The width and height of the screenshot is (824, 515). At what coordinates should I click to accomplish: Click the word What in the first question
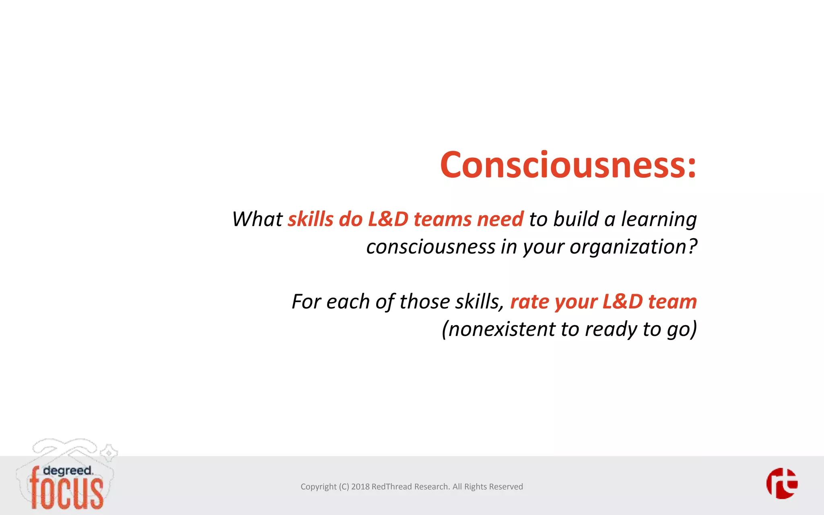(257, 220)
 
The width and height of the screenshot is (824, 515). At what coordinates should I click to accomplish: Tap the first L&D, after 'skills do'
(388, 220)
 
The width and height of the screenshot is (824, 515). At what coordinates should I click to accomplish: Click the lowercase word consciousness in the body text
(431, 247)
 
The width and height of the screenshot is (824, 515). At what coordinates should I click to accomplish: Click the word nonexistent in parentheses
(501, 329)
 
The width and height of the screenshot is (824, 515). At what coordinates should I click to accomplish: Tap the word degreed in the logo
(68, 471)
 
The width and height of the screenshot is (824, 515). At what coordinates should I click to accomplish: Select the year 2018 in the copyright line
(360, 487)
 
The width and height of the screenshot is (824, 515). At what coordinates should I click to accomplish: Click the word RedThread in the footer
(391, 487)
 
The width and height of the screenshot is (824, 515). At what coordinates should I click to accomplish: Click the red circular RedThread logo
(782, 483)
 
